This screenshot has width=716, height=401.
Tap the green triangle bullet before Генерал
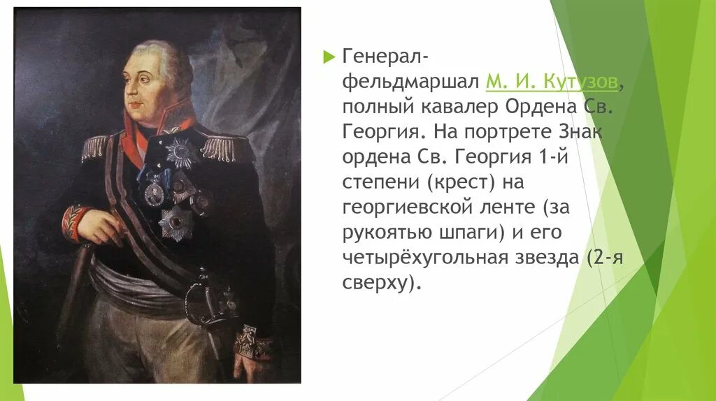point(330,57)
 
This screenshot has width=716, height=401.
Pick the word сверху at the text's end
point(373,284)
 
